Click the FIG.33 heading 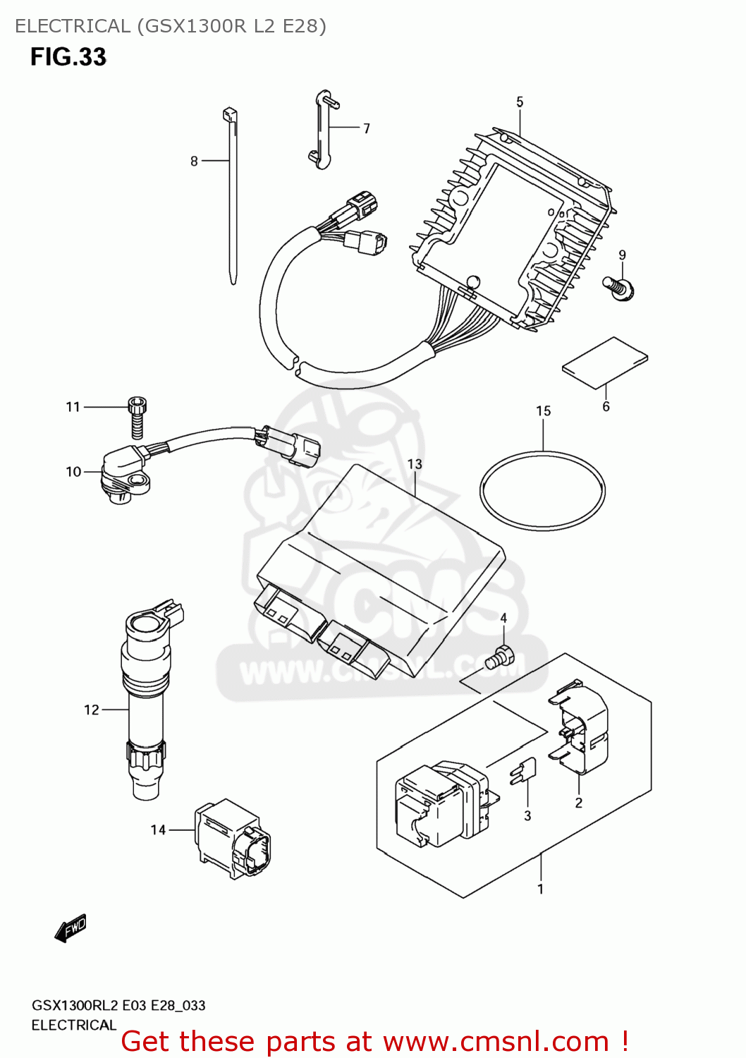(x=68, y=56)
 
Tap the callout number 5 (x=520, y=102)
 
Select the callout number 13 (x=415, y=464)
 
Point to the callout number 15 (x=543, y=411)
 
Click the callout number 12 (x=92, y=710)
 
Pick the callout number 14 (x=158, y=830)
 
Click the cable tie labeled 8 (x=232, y=197)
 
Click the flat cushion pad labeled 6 (x=605, y=361)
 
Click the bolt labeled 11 (x=137, y=418)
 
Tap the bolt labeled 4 (x=501, y=657)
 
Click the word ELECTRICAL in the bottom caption (x=73, y=1025)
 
